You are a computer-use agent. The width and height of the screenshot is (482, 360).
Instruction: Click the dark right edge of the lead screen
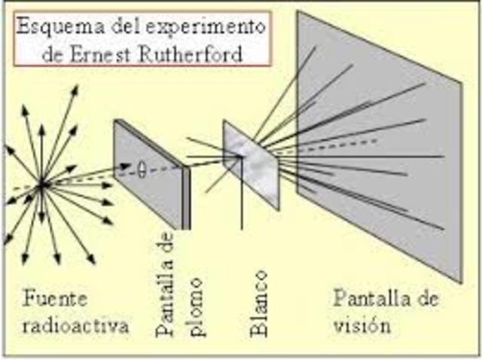(186, 197)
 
